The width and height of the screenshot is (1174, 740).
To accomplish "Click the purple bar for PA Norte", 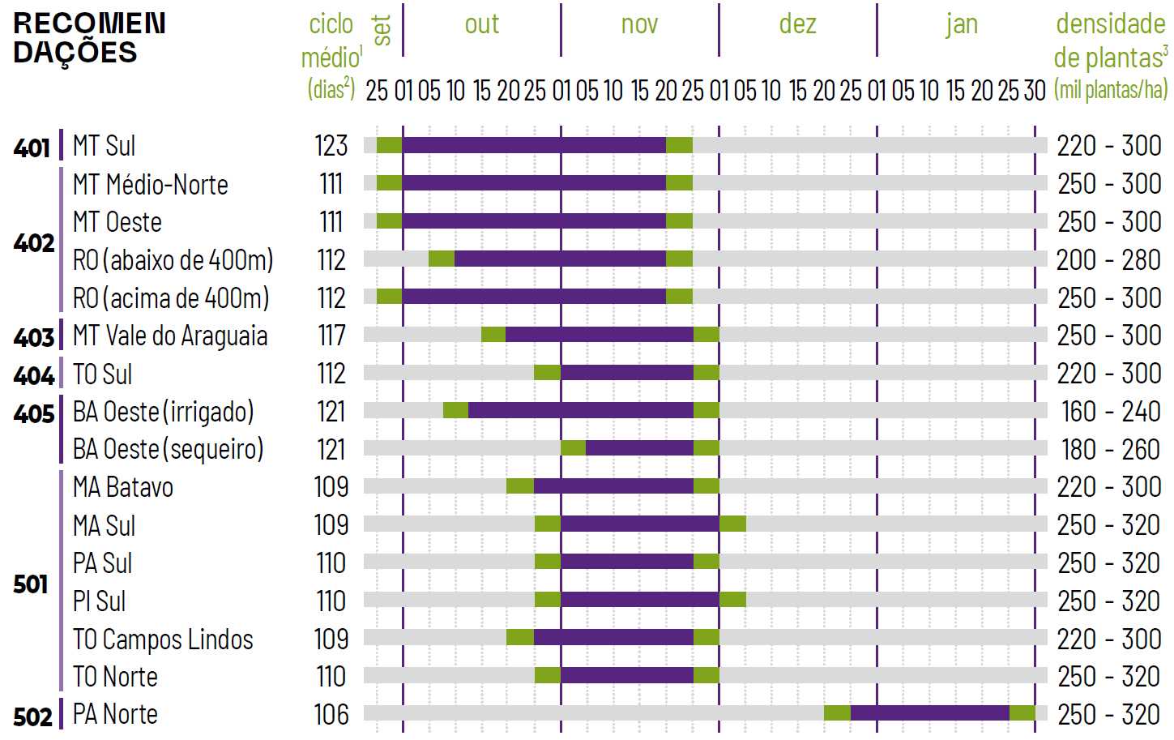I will [x=929, y=713].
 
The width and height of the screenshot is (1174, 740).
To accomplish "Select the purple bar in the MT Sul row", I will [x=534, y=145].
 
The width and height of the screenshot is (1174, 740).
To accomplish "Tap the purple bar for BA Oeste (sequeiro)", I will [x=639, y=448].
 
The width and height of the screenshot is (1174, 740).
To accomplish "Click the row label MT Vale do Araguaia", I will [x=170, y=336].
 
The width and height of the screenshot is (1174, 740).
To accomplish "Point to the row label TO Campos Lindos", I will [x=163, y=639].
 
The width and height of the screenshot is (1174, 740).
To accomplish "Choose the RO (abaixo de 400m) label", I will [x=173, y=260].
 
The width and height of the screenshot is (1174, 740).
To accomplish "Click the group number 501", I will [x=31, y=584].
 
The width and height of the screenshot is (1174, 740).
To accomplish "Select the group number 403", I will [x=33, y=337].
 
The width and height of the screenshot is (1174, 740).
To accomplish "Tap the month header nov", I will [x=639, y=25].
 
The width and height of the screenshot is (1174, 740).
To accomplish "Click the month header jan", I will [x=962, y=25].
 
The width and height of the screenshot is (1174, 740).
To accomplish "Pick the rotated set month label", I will [x=382, y=31].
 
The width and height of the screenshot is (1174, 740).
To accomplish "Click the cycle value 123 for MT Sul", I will [x=331, y=146].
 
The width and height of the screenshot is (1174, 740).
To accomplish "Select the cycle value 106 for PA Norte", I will [x=331, y=715].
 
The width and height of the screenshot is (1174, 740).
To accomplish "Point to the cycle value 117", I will [x=331, y=336].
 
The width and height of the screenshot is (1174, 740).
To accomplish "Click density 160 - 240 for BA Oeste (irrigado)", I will [x=1110, y=412].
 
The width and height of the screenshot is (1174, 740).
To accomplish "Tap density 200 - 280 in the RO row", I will [x=1108, y=260].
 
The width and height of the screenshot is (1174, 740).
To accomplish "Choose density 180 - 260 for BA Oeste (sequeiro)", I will [x=1110, y=450].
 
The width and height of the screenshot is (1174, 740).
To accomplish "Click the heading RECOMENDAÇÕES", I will [x=89, y=38].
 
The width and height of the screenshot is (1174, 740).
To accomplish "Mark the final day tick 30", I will [x=1035, y=91].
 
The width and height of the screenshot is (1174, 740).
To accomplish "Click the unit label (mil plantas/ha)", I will [x=1110, y=90].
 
